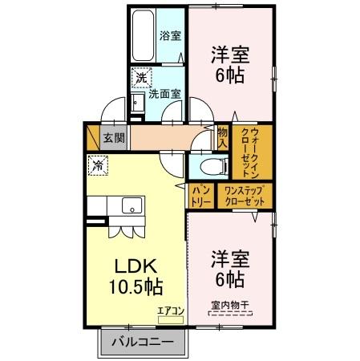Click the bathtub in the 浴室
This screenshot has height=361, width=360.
tap(144, 37)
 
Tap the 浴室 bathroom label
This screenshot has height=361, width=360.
tap(169, 35)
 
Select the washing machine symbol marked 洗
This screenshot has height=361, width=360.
tap(141, 79)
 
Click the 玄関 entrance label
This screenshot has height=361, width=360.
tap(114, 136)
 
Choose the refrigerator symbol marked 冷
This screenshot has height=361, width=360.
tap(98, 166)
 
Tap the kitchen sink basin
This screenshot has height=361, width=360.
tap(130, 206)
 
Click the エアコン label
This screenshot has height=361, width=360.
tap(170, 310)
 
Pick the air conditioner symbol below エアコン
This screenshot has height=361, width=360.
tap(170, 319)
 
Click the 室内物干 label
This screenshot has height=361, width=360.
tap(229, 305)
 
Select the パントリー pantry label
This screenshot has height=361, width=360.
tap(200, 196)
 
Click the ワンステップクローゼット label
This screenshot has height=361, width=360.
tap(245, 196)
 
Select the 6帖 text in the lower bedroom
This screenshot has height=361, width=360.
tap(230, 280)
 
